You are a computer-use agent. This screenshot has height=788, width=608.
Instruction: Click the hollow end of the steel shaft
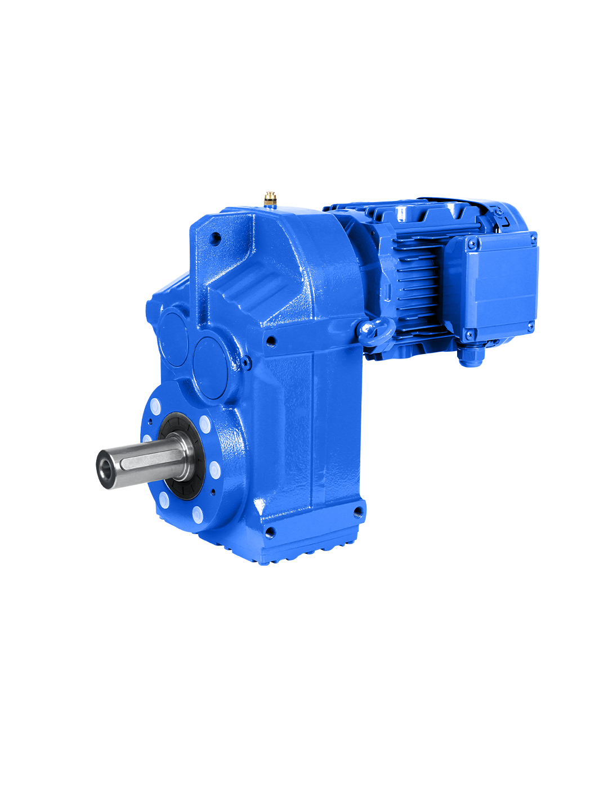105,467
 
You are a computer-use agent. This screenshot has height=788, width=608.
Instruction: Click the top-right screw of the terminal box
533,239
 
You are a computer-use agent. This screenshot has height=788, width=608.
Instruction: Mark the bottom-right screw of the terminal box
531,325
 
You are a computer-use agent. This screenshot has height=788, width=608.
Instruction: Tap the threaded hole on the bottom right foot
357,512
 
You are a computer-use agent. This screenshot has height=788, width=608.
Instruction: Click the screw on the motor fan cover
498,212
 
